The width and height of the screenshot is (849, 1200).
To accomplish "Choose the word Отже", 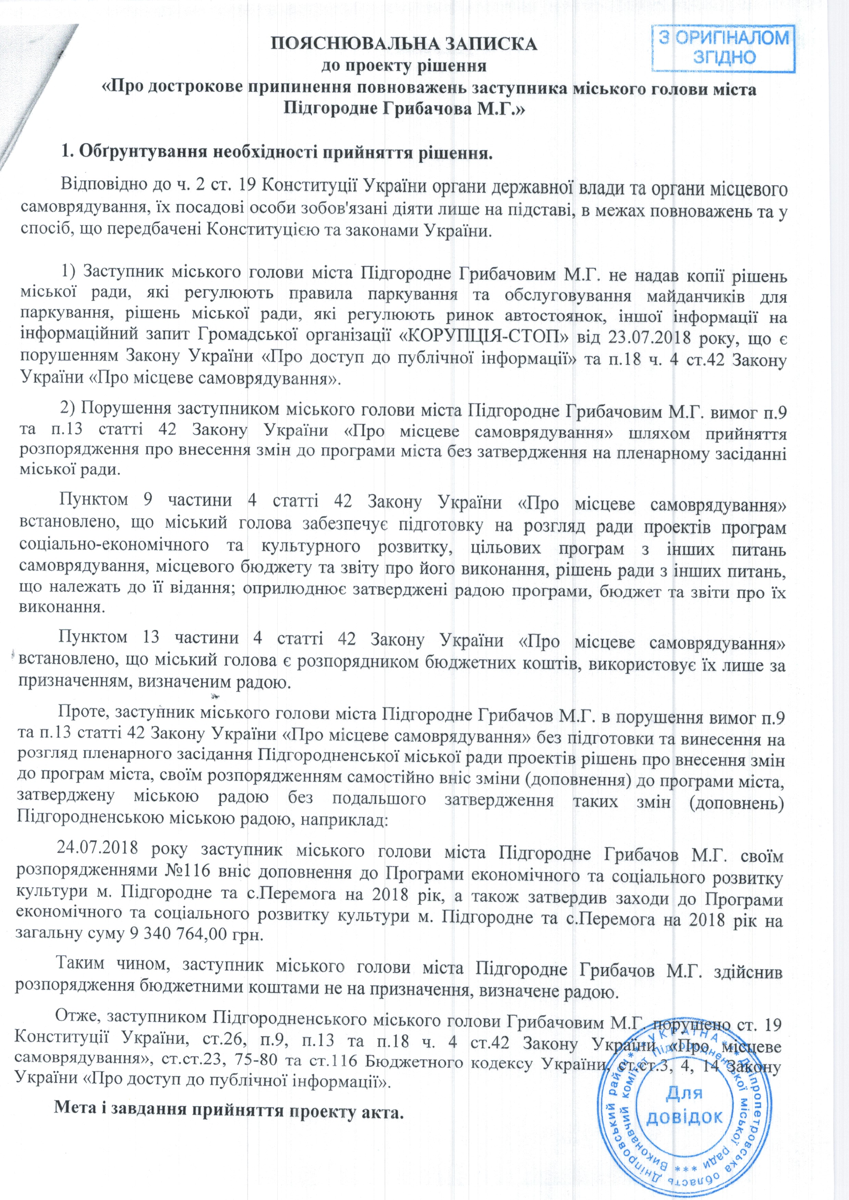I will pyautogui.click(x=78, y=1007).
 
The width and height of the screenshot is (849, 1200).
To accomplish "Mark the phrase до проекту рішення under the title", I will pyautogui.click(x=403, y=66).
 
